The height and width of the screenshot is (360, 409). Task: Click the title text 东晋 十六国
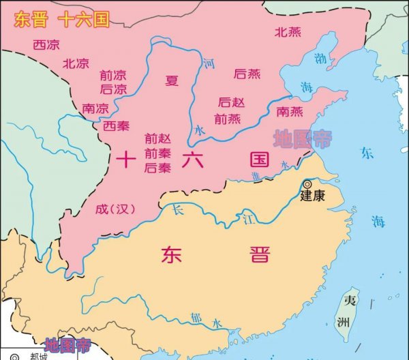[62, 20]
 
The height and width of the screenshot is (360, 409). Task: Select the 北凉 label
[76, 63]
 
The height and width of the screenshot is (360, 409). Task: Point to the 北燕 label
[288, 31]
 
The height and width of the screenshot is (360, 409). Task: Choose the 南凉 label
[95, 108]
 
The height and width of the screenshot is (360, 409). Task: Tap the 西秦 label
[115, 126]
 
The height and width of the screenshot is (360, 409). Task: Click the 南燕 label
[290, 110]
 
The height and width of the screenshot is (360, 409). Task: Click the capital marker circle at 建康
[308, 184]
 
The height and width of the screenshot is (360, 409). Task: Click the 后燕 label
[247, 73]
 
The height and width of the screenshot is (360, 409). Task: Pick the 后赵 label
[232, 102]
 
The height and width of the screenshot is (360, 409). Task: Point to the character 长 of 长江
[179, 210]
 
